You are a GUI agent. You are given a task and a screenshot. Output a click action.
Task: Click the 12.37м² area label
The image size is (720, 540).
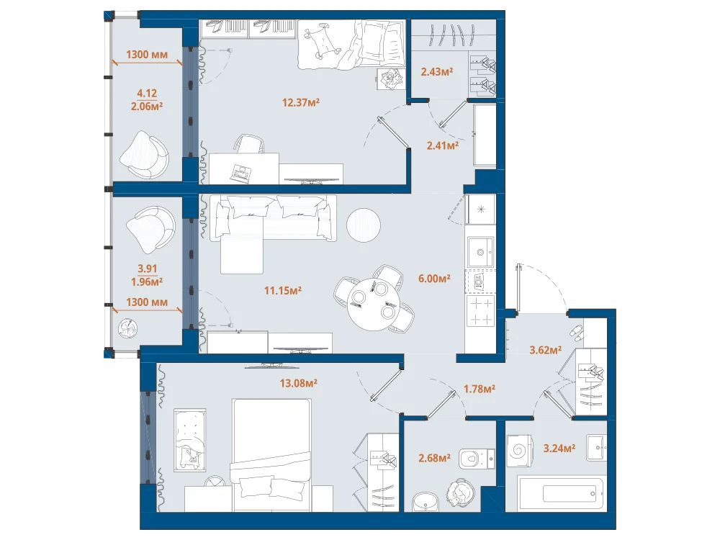301,102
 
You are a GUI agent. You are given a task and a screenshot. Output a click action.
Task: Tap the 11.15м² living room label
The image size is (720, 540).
283,290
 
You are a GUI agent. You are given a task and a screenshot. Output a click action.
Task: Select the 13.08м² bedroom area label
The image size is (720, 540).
299,383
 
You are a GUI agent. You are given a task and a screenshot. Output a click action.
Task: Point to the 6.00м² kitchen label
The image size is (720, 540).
434,278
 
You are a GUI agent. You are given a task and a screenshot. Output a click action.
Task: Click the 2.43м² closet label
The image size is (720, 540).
437,71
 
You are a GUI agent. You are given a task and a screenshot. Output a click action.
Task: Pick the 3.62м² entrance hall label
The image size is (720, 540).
546,351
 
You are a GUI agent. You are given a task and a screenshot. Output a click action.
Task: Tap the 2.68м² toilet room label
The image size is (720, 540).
434,458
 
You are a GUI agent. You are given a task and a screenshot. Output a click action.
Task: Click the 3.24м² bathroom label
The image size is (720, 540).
559,448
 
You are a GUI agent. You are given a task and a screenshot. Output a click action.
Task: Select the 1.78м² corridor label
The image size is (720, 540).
480,389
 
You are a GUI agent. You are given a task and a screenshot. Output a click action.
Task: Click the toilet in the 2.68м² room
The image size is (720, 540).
476,458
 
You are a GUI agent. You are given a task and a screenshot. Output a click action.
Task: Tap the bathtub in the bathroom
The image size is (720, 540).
560,494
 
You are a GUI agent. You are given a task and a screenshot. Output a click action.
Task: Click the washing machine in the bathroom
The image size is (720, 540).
520,450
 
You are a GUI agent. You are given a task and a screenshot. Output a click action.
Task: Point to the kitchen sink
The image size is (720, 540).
480,251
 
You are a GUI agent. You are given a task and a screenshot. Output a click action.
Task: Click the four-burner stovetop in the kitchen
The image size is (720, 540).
480,311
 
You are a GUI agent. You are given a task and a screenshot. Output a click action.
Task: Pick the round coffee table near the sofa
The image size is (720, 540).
363,225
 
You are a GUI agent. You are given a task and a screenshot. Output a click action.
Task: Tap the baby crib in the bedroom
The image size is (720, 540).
189,440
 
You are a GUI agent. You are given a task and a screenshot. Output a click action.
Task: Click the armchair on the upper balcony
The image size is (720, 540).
145,155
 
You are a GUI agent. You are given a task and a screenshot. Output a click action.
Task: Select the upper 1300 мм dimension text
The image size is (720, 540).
147,55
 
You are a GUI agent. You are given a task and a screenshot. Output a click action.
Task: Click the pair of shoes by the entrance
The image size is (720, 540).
576,331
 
